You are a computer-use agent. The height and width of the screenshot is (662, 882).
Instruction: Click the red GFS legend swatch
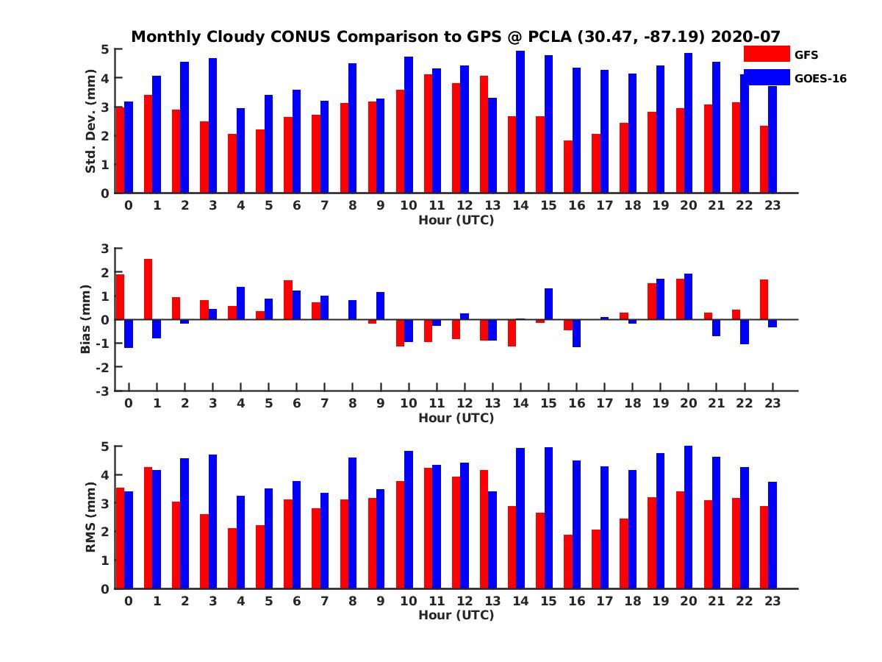pos(766,54)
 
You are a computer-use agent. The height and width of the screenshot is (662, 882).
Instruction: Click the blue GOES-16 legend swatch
pos(766,77)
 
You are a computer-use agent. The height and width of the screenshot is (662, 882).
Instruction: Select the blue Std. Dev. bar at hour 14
pos(520,122)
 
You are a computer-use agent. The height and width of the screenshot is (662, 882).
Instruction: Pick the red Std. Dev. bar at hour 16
pos(568,167)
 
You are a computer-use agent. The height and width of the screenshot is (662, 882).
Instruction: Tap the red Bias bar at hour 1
pos(148,289)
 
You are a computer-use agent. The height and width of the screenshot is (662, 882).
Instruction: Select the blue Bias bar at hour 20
pos(688,296)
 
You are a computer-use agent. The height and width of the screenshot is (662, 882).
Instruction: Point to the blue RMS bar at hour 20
pos(688,517)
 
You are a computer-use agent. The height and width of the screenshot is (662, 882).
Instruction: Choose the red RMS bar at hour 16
pos(568,561)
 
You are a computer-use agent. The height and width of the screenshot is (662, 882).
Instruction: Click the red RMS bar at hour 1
pos(148,527)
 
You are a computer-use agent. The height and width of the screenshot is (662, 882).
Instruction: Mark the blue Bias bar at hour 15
pos(548,304)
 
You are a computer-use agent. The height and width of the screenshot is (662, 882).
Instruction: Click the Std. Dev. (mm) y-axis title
pos(91,121)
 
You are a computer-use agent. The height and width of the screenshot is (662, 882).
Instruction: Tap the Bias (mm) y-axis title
pos(85,319)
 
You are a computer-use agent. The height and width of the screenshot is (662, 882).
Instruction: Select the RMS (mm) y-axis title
pos(91,517)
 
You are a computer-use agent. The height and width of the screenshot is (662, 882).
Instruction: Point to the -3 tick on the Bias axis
pos(105,391)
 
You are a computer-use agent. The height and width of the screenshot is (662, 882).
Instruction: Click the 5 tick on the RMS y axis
pos(106,446)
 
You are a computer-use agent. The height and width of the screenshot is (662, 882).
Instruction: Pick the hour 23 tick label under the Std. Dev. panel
pos(772,205)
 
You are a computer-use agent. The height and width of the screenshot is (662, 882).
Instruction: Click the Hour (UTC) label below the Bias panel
pos(456,418)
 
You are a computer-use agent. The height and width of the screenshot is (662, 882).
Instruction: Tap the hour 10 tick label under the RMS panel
pos(409,601)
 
